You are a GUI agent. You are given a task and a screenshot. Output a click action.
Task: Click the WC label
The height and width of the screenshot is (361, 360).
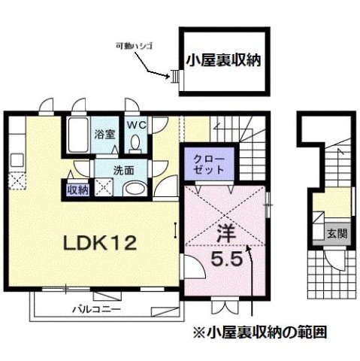[x=136, y=124]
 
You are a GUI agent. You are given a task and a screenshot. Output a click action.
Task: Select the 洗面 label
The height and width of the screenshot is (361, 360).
[x=104, y=170]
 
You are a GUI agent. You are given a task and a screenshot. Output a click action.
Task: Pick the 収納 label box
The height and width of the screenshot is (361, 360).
[x=77, y=190]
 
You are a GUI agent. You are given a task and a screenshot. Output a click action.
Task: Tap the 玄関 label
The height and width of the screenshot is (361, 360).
[x=337, y=233]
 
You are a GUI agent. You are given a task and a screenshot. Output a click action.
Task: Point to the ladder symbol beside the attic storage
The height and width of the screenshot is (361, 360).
[x=175, y=76]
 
